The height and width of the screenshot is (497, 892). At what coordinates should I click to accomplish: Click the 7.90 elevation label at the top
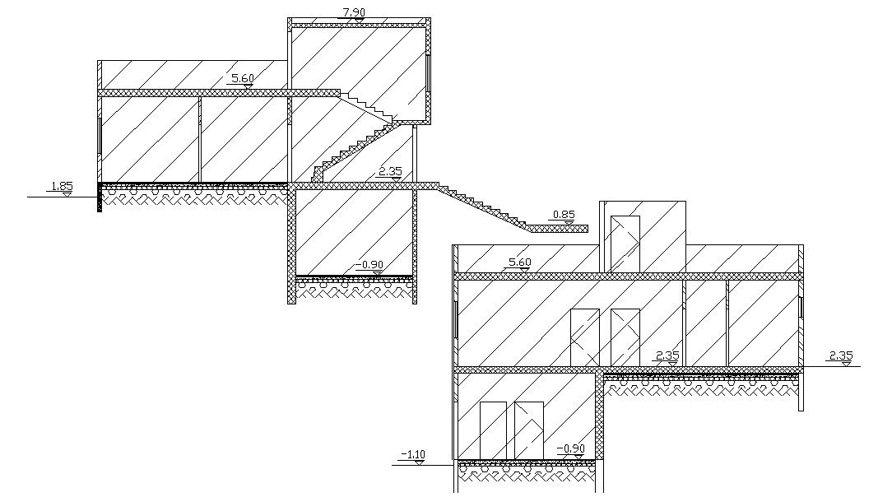[x=354, y=12]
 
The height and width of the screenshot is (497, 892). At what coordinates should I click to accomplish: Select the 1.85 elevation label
[x=63, y=187]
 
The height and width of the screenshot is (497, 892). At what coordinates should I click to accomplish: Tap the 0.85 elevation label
[x=564, y=216]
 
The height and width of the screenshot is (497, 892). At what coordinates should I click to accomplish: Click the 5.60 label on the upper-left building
[x=243, y=78]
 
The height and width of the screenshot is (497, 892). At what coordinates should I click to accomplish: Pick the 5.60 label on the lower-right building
[x=520, y=262]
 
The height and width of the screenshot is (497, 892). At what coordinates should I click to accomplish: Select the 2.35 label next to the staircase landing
[x=389, y=172]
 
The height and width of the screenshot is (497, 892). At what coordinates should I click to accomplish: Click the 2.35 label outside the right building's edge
[x=841, y=355]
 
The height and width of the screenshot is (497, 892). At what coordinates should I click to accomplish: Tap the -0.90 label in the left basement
[x=370, y=265]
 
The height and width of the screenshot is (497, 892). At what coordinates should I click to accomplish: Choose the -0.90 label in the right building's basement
[x=570, y=448]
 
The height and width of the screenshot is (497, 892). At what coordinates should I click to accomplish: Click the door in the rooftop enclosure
[x=625, y=244]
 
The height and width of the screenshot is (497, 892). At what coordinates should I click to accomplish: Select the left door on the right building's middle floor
[x=585, y=337]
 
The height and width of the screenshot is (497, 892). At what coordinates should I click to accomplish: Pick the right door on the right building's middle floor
[x=625, y=337]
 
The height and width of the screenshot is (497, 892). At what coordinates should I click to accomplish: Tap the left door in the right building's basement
[x=493, y=430]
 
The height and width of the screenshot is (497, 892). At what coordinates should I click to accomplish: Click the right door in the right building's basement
[x=529, y=430]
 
